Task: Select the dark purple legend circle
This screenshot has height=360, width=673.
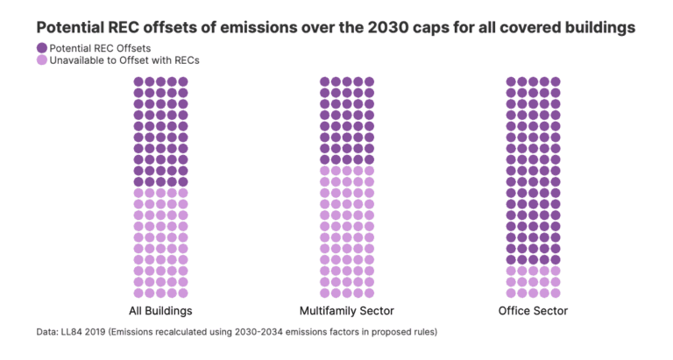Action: click(x=42, y=47)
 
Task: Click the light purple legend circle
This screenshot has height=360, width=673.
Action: click(x=42, y=60)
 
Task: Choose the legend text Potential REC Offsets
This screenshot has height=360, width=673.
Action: click(x=101, y=47)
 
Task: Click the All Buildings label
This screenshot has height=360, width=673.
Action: click(x=160, y=311)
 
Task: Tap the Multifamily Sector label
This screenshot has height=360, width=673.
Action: click(x=346, y=311)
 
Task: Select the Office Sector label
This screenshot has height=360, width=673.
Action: click(x=533, y=311)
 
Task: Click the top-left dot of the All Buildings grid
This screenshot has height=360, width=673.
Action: click(x=138, y=81)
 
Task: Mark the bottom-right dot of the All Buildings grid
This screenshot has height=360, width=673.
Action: click(x=183, y=293)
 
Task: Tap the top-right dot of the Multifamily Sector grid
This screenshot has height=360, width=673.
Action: click(x=370, y=81)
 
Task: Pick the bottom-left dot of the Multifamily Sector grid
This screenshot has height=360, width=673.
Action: click(x=324, y=293)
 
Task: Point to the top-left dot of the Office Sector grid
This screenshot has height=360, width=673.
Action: click(x=511, y=81)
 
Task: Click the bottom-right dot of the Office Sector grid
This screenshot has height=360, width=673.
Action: click(x=556, y=293)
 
